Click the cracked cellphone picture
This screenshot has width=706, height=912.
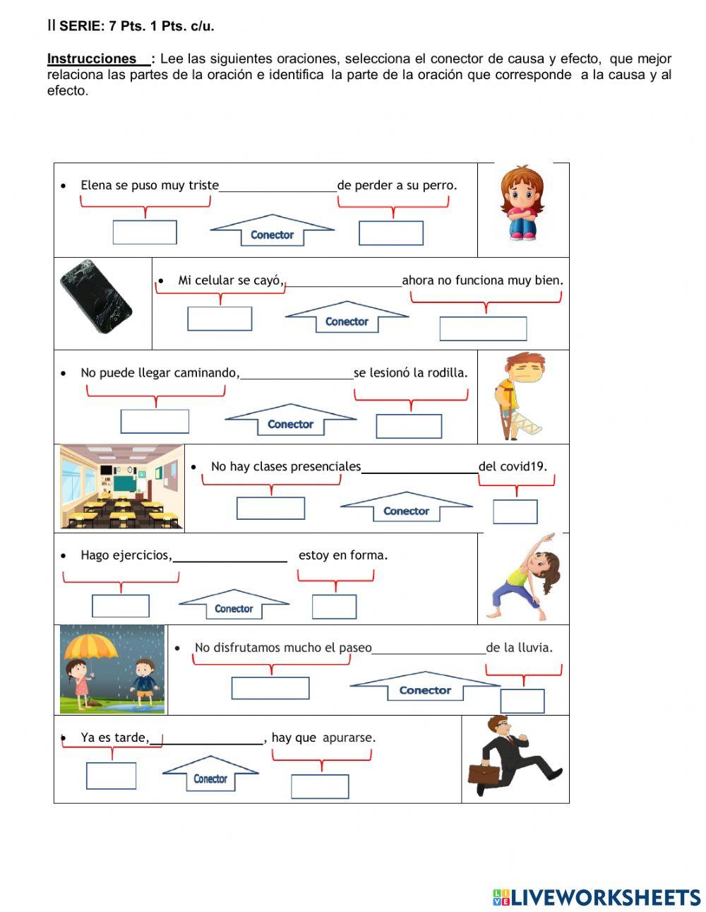[x=96, y=297]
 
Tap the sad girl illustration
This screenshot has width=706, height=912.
[x=522, y=203]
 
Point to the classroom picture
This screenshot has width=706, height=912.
[x=121, y=487]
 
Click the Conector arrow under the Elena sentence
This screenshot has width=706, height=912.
[x=272, y=231]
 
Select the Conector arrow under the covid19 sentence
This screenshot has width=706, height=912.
[x=406, y=507]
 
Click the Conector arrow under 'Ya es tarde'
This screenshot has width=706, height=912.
[x=210, y=775]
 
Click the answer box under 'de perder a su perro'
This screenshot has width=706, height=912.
[x=391, y=233]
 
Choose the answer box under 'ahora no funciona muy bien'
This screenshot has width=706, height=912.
[x=483, y=328]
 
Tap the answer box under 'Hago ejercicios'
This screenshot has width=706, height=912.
[x=121, y=606]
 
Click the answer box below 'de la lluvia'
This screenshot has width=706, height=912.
[x=522, y=701]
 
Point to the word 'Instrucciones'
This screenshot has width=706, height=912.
[x=92, y=59]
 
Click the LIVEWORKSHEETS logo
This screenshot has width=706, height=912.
[x=597, y=897]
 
